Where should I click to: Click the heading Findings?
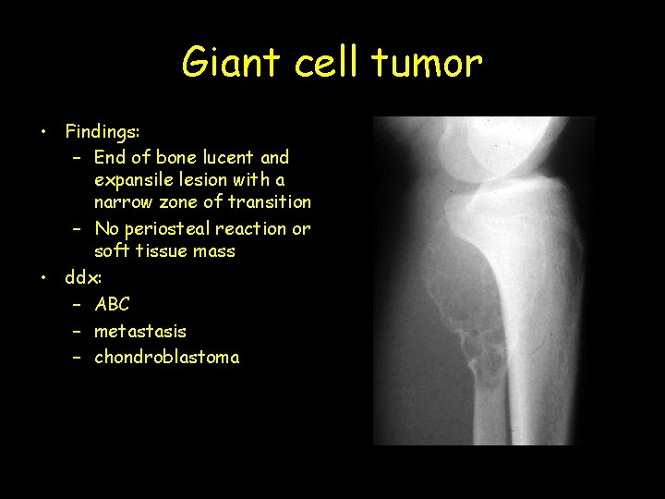[103, 132]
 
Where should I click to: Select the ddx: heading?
[84, 277]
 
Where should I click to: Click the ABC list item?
[112, 304]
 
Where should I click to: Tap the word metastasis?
[140, 331]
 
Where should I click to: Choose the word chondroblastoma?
[166, 358]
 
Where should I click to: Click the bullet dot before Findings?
[43, 131]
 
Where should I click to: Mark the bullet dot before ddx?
[43, 277]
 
